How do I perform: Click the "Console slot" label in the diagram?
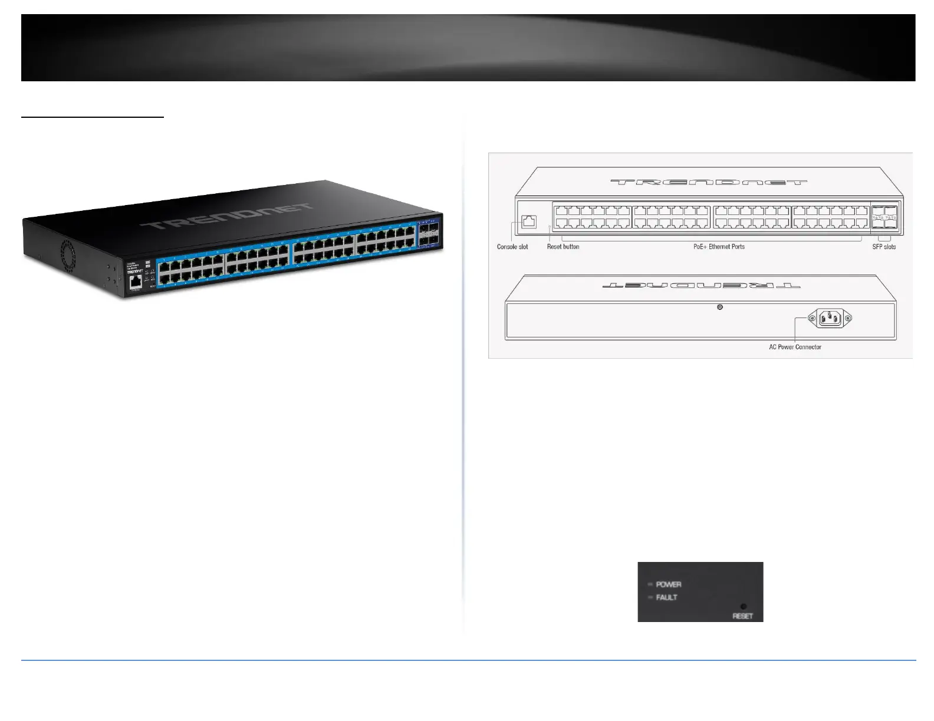(x=512, y=247)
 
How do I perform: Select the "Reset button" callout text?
(x=563, y=247)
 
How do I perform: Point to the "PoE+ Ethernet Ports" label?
(x=719, y=247)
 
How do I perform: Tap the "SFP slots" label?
(x=884, y=247)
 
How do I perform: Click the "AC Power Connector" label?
(x=795, y=347)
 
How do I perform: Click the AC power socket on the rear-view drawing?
(x=831, y=319)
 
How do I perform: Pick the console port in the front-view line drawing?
(x=529, y=222)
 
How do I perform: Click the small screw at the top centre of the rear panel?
(x=719, y=307)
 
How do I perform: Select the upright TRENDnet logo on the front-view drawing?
(x=708, y=182)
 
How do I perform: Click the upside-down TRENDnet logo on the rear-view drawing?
(x=701, y=286)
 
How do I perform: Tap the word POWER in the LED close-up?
(x=669, y=584)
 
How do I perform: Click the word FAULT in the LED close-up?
(x=667, y=597)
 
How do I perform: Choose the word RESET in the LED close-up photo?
(x=742, y=616)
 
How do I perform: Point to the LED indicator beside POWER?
(x=650, y=584)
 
